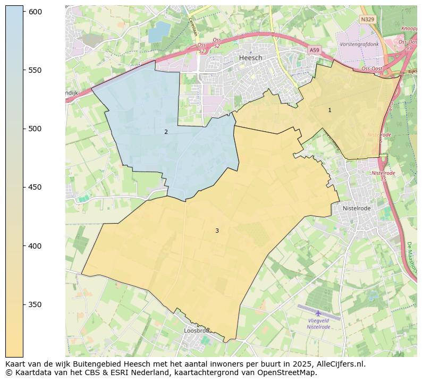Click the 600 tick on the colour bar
click(x=35, y=12)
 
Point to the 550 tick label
click(x=35, y=70)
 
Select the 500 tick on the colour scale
click(x=35, y=129)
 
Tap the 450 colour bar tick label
click(x=35, y=187)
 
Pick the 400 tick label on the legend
click(x=35, y=246)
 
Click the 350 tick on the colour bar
click(x=35, y=304)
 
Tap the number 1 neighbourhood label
click(x=330, y=110)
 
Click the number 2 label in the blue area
click(x=166, y=132)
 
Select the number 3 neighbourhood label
click(x=217, y=231)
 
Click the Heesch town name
click(x=250, y=57)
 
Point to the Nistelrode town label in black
click(x=356, y=208)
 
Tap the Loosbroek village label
click(x=196, y=330)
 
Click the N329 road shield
click(x=367, y=19)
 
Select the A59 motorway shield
click(x=315, y=50)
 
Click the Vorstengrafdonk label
click(x=359, y=44)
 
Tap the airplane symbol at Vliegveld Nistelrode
click(x=318, y=313)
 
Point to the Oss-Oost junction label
click(x=373, y=69)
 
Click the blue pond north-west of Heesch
click(x=158, y=33)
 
